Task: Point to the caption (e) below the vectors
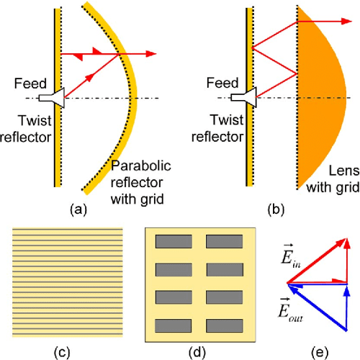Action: click(314, 351)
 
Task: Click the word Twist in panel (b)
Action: click(214, 117)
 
